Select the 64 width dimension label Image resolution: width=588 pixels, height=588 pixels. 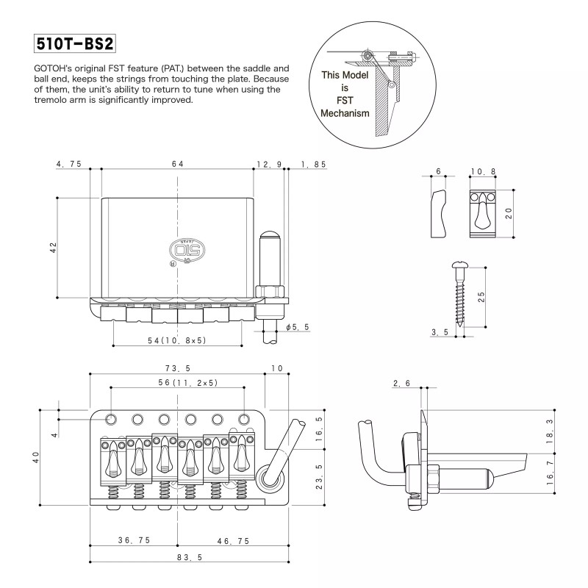(x=177, y=164)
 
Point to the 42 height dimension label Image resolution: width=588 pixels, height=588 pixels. (x=53, y=248)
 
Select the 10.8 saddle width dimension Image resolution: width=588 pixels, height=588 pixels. (x=482, y=171)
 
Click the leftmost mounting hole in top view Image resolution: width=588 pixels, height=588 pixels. (x=111, y=418)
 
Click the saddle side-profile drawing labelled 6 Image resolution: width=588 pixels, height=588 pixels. (x=438, y=213)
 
